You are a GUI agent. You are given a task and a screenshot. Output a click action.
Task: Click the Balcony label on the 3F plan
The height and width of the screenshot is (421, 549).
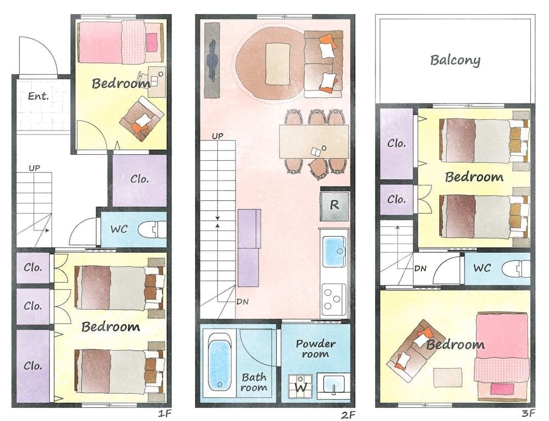455,60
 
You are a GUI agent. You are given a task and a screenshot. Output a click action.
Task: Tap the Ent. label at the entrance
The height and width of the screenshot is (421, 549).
38,97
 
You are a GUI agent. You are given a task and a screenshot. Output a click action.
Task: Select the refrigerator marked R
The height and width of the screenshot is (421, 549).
334,205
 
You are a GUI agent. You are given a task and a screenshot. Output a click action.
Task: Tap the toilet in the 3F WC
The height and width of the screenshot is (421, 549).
516,268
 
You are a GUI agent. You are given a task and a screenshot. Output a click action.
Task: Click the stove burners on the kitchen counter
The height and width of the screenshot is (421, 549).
333,299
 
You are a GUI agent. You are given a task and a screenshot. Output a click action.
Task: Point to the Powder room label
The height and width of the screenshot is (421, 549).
316,349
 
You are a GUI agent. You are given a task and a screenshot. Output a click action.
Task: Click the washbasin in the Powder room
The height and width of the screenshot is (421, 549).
333,385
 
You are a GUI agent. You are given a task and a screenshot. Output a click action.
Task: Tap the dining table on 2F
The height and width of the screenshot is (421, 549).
313,142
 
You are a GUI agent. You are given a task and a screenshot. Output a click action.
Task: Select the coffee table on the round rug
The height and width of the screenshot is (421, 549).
277,64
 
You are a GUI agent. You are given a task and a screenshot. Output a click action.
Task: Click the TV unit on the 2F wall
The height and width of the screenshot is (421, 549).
212,60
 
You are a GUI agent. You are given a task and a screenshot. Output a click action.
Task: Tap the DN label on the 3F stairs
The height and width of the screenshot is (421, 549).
421,268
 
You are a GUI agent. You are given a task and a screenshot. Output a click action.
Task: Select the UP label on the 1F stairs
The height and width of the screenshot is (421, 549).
34,168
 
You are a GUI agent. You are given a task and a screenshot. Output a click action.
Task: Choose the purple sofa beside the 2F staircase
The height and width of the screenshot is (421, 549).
249,248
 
